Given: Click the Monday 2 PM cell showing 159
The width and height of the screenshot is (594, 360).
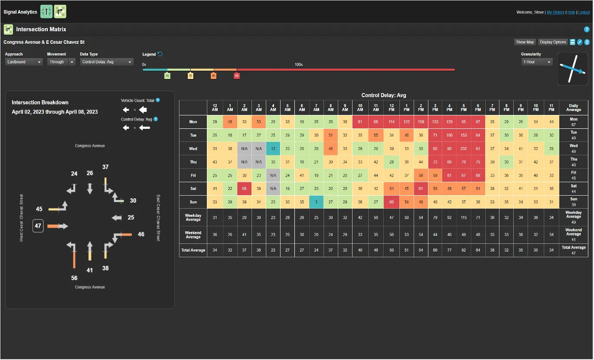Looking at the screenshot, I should (x=421, y=122).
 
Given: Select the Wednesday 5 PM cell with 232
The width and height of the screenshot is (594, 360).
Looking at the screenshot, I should (x=464, y=149).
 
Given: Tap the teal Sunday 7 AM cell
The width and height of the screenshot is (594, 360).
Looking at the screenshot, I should (x=317, y=202).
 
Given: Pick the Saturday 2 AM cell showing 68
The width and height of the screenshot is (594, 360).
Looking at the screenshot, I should (x=244, y=189).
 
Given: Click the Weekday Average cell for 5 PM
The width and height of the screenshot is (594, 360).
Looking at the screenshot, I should (x=464, y=217).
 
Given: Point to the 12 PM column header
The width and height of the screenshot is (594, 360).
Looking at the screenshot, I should (x=392, y=108).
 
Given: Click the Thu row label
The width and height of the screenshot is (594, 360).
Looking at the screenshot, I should (x=193, y=162).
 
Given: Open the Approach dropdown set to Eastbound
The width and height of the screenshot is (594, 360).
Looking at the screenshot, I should (x=24, y=62).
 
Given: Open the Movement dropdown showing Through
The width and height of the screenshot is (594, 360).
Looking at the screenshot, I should (x=61, y=62).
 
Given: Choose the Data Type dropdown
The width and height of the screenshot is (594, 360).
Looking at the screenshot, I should (x=107, y=62).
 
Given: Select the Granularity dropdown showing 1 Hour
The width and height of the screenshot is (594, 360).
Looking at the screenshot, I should (x=537, y=62).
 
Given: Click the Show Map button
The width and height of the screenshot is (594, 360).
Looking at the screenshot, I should (x=525, y=42).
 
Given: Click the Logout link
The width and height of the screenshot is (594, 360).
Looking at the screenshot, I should (x=584, y=12).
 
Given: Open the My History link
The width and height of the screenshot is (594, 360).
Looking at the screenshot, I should (x=555, y=12).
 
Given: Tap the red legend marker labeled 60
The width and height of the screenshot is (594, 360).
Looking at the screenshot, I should (x=237, y=75).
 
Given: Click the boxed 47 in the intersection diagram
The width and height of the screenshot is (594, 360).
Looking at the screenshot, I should (x=38, y=226).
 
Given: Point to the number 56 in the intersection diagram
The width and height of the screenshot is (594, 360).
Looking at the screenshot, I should (x=74, y=278).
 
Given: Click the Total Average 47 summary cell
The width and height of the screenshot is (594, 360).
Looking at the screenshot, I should (x=573, y=250).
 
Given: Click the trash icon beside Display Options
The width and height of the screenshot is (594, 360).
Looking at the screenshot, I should (x=587, y=42).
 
